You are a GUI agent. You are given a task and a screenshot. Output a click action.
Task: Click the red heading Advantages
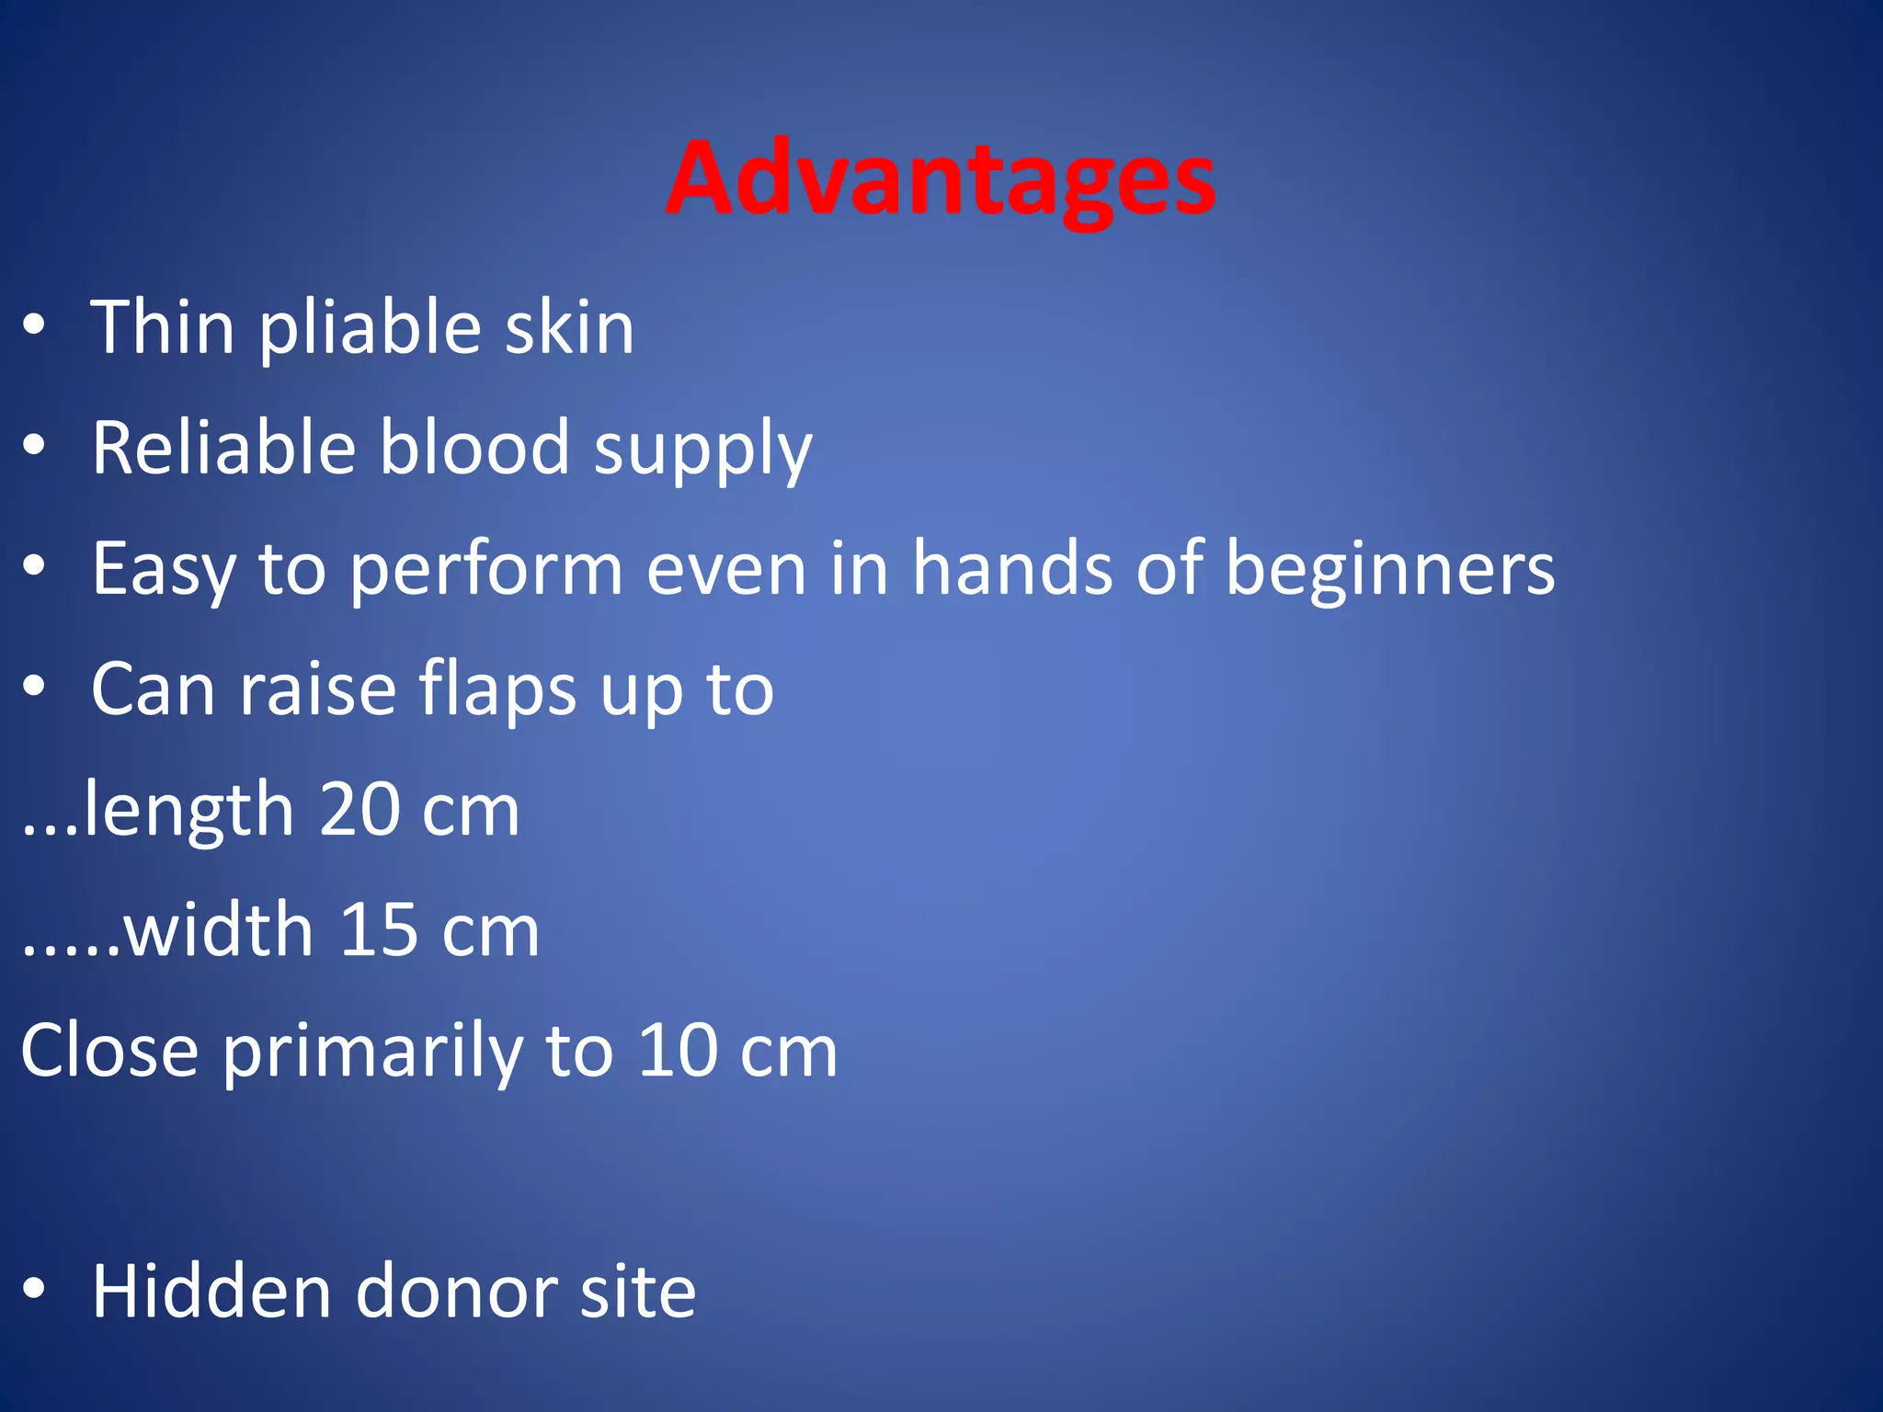pyautogui.click(x=941, y=179)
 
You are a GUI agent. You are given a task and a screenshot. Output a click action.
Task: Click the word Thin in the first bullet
pyautogui.click(x=163, y=327)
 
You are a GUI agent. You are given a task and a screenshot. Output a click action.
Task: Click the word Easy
pyautogui.click(x=164, y=570)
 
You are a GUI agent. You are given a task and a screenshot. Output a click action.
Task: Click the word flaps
pyautogui.click(x=498, y=691)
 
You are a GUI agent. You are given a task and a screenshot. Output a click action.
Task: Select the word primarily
pyautogui.click(x=372, y=1054)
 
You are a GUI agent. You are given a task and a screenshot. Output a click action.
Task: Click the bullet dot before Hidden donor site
pyautogui.click(x=34, y=1289)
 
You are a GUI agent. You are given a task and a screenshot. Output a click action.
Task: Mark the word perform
pyautogui.click(x=486, y=572)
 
